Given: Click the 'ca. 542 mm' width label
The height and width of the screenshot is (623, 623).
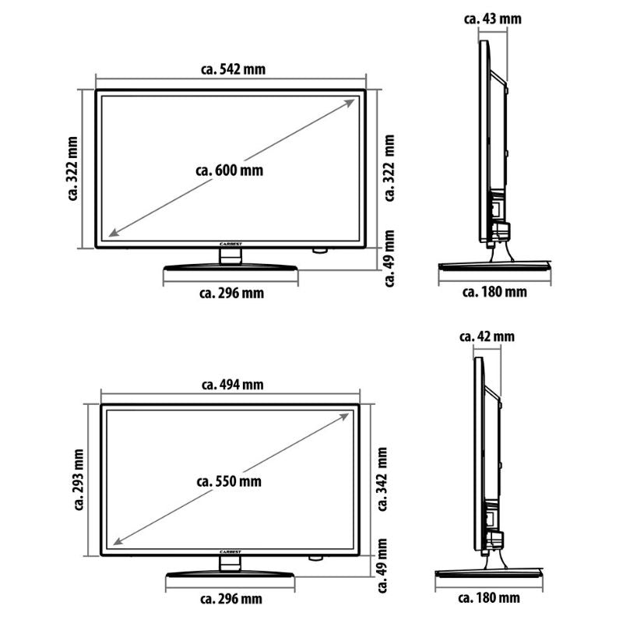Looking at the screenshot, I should click(x=233, y=69).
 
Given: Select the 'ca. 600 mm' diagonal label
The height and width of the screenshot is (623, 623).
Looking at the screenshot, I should click(x=231, y=170).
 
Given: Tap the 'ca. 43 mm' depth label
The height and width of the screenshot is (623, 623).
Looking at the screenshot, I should click(x=492, y=18).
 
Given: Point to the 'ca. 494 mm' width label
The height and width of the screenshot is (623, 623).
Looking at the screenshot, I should click(x=231, y=384).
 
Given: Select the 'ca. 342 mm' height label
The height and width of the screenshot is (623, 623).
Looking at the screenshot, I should click(x=382, y=477).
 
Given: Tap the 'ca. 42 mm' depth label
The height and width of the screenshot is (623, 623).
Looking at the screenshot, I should click(x=487, y=336).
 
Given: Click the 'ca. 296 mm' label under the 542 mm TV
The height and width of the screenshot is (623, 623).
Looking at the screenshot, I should click(x=231, y=293).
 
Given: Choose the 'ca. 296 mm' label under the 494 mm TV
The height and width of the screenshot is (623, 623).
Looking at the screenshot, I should click(x=231, y=599).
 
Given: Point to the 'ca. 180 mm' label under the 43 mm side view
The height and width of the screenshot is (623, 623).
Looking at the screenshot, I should click(x=495, y=292).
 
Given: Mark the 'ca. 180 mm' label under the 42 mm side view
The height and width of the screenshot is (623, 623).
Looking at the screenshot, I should click(x=489, y=598).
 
